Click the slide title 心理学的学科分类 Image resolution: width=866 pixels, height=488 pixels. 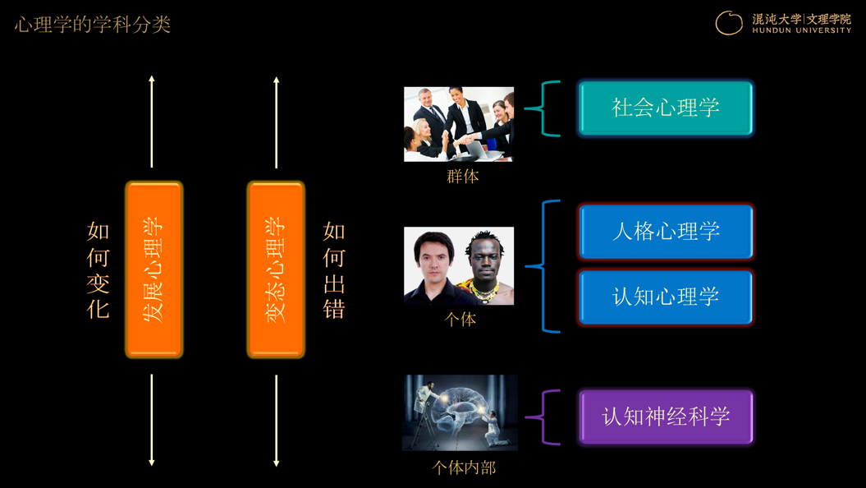pyautogui.click(x=92, y=25)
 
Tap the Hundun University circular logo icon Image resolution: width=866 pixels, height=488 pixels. pyautogui.click(x=729, y=23)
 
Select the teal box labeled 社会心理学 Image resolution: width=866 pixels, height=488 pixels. pyautogui.click(x=666, y=108)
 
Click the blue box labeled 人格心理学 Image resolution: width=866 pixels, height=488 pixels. pyautogui.click(x=666, y=232)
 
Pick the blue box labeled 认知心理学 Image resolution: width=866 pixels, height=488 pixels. pyautogui.click(x=666, y=297)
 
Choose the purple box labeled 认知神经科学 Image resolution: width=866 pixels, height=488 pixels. pyautogui.click(x=666, y=417)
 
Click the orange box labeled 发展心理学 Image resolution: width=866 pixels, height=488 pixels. pyautogui.click(x=154, y=269)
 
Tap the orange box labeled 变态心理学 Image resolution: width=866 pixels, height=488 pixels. pyautogui.click(x=276, y=269)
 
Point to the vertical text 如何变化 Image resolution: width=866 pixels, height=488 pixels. pyautogui.click(x=99, y=270)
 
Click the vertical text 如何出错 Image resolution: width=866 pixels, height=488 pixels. pyautogui.click(x=334, y=270)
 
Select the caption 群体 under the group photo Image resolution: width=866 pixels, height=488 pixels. pyautogui.click(x=463, y=177)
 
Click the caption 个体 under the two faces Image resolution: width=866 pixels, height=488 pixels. pyautogui.click(x=460, y=320)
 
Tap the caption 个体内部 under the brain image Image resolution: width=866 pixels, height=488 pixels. pyautogui.click(x=464, y=468)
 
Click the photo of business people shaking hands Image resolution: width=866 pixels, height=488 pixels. pyautogui.click(x=459, y=124)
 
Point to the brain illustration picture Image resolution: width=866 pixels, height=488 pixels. pyautogui.click(x=460, y=413)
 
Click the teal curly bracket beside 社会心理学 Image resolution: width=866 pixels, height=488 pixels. pyautogui.click(x=543, y=109)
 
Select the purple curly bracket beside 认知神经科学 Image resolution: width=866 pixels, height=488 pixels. pyautogui.click(x=543, y=417)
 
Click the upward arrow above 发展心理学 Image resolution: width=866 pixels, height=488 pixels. pyautogui.click(x=152, y=122)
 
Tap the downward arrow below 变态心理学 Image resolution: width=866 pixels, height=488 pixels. pyautogui.click(x=276, y=421)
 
